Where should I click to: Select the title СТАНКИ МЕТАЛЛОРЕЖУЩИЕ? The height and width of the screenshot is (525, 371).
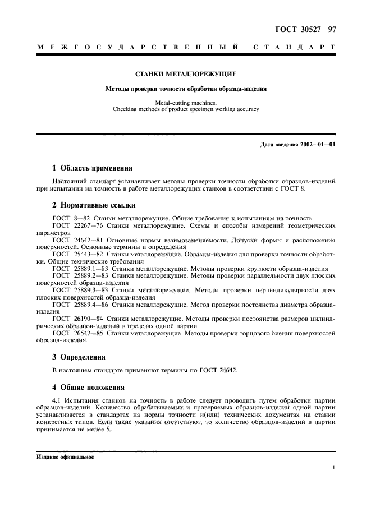coord(186,74)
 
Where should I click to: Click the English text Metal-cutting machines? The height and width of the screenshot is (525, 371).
coord(186,103)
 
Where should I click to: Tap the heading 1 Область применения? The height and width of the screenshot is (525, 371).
coord(92,168)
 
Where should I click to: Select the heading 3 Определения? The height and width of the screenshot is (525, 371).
coord(79,357)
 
